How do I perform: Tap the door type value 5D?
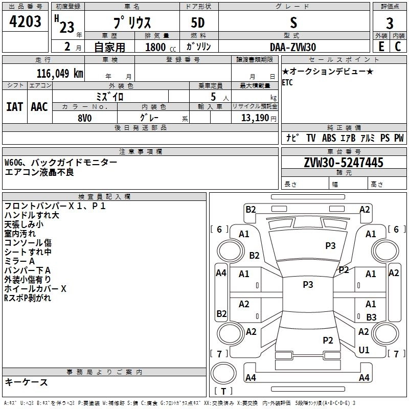(198, 24)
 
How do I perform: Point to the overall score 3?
(390, 24)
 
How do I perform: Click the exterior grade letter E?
(381, 46)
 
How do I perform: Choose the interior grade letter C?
(398, 46)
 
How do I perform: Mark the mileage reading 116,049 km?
(60, 73)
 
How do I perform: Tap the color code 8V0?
(84, 117)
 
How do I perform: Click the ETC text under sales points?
(287, 83)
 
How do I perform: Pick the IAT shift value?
(14, 106)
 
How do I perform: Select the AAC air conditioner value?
(39, 106)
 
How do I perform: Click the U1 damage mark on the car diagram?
(364, 350)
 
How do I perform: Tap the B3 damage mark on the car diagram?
(371, 317)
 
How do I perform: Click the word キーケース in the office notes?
(27, 382)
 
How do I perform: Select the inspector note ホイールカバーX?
(35, 289)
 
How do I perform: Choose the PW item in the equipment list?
(398, 138)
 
